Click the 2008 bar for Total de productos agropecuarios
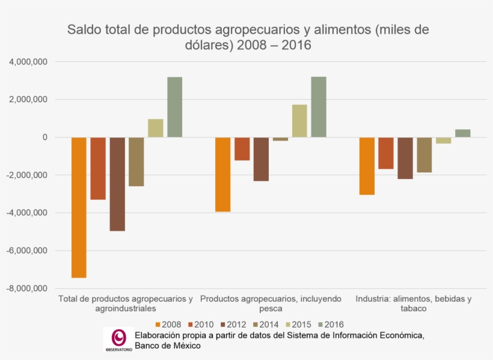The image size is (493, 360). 79,207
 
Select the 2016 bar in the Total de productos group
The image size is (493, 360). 174,107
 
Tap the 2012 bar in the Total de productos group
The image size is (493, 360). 117,184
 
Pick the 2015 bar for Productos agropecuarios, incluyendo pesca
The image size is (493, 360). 299,121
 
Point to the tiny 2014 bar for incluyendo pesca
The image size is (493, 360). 280,139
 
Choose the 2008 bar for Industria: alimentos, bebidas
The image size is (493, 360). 367,166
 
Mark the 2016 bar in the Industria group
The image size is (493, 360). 462,133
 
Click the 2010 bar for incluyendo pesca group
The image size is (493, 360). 242,149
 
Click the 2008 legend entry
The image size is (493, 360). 168,325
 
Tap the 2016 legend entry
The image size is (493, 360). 331,325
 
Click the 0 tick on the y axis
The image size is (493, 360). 44,138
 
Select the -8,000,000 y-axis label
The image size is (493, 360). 27,288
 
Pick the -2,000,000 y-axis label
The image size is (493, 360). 27,175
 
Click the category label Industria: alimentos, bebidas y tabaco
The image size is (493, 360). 414,304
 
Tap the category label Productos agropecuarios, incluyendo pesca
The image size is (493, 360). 271,304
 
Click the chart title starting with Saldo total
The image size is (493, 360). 248,37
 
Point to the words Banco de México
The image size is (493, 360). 168,346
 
